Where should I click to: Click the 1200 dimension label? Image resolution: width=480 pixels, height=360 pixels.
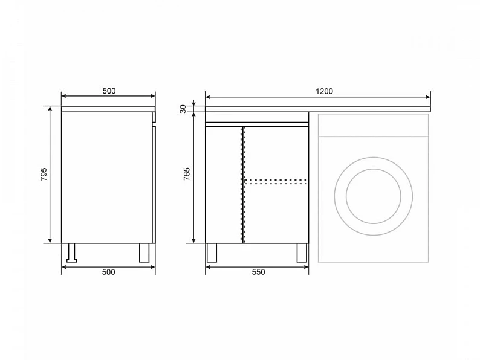(x=324, y=91)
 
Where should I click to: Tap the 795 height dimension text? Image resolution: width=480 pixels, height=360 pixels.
(x=44, y=174)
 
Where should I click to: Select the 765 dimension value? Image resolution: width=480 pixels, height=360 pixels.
(x=186, y=174)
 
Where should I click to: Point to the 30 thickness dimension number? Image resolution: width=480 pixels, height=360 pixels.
(x=183, y=109)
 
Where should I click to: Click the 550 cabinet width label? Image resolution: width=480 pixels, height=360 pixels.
(x=258, y=272)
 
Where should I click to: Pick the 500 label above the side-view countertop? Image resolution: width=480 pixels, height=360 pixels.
(x=109, y=91)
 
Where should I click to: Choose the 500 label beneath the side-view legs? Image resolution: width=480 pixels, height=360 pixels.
(x=109, y=272)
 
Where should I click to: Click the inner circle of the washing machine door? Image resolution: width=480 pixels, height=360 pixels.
(x=374, y=169)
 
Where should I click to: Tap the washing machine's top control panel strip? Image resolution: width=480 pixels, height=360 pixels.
(x=373, y=125)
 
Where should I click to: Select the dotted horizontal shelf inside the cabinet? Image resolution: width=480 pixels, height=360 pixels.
(x=276, y=182)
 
